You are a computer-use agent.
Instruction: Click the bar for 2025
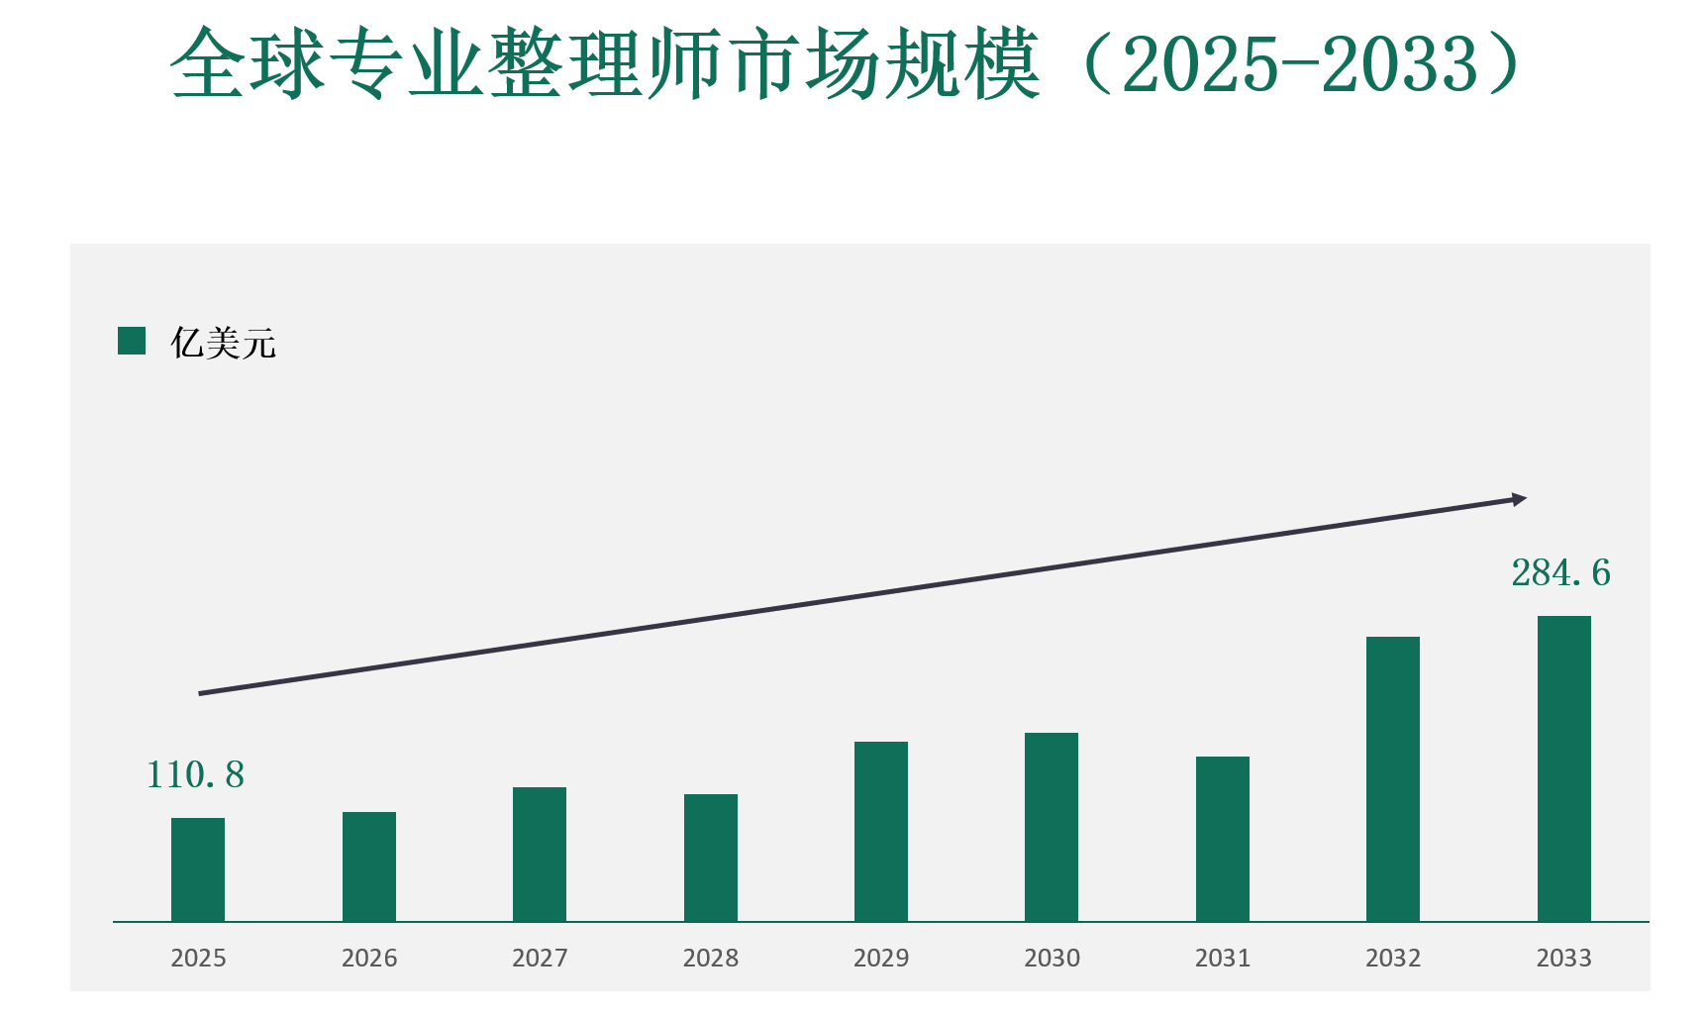pos(198,869)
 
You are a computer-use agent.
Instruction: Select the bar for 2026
pos(369,866)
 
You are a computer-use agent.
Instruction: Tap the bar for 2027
pos(540,854)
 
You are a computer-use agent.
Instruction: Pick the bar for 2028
pos(711,858)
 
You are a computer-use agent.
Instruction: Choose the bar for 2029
pos(881,831)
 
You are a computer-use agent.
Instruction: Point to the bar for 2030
pos(1052,827)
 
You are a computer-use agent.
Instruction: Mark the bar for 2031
pos(1223,839)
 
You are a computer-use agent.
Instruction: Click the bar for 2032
pos(1393,778)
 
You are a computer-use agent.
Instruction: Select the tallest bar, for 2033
pos(1564,768)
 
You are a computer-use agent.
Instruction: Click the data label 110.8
pos(195,775)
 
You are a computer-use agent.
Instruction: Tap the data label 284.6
pos(1560,573)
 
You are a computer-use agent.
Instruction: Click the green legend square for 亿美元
pos(132,342)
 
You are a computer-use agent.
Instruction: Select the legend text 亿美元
pos(223,344)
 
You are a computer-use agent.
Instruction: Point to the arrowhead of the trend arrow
pos(1519,500)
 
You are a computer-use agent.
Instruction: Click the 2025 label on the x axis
pos(198,958)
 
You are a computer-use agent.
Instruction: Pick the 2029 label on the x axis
pos(881,958)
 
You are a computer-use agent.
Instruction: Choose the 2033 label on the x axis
pos(1564,958)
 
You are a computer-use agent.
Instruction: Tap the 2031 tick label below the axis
pos(1223,958)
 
